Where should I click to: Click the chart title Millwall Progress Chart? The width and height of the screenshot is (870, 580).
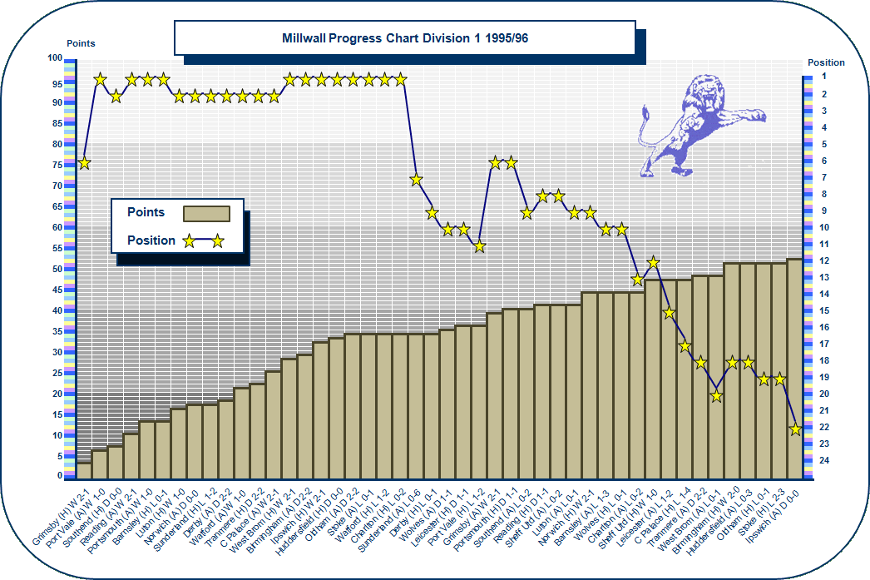[x=404, y=39]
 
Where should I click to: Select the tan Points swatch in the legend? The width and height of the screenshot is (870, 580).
[x=205, y=213]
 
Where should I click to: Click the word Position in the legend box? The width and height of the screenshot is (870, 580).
[x=151, y=240]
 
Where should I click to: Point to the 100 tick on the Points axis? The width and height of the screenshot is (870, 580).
[x=55, y=59]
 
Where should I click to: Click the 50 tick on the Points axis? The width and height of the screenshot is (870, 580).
[x=56, y=269]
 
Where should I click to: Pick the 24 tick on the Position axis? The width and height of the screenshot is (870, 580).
[x=823, y=460]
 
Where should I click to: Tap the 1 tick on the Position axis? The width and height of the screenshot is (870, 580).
[x=823, y=77]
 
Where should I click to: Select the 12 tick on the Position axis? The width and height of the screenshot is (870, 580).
[x=823, y=260]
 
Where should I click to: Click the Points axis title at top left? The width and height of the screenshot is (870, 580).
[x=81, y=43]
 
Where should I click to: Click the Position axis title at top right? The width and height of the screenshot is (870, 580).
[x=826, y=62]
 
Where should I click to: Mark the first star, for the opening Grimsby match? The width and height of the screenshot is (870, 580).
[x=84, y=163]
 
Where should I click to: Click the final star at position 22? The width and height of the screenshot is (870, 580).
[x=795, y=429]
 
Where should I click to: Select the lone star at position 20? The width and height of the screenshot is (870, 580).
[x=716, y=396]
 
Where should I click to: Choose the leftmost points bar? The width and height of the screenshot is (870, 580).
[x=84, y=470]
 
